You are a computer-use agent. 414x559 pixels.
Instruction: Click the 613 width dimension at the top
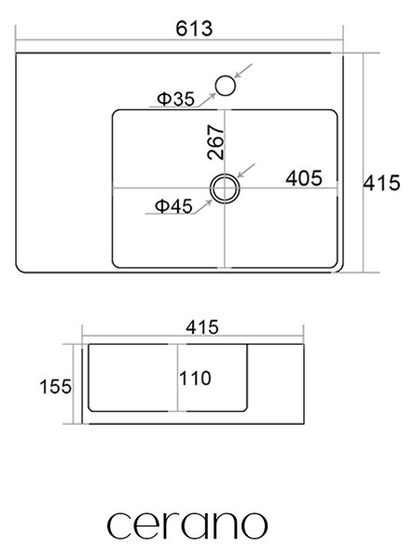[194, 29]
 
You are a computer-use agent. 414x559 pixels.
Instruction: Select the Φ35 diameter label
[176, 99]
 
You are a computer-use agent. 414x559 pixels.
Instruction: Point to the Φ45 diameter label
[173, 206]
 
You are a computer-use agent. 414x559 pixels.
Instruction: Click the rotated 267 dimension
[215, 142]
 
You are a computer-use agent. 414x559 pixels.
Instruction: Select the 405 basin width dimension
[304, 178]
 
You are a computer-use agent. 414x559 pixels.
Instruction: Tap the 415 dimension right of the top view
[381, 183]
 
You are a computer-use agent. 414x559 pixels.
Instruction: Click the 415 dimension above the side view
[202, 327]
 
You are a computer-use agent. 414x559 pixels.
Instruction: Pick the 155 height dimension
[56, 387]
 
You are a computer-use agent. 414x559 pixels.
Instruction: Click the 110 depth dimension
[195, 378]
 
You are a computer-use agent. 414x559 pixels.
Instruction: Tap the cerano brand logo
[187, 525]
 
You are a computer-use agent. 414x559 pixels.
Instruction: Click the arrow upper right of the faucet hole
[243, 71]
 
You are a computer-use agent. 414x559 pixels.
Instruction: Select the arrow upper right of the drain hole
[246, 170]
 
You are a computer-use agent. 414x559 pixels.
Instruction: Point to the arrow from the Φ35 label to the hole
[207, 100]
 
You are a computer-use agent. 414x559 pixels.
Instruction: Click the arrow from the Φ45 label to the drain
[203, 207]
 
